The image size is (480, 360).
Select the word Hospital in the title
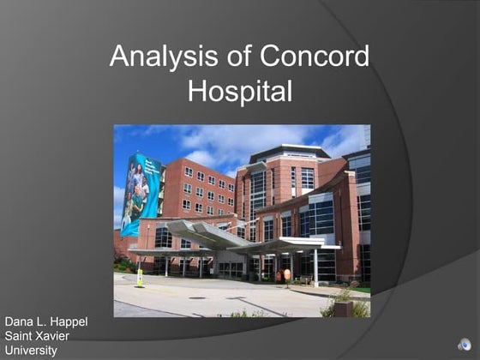click(240, 90)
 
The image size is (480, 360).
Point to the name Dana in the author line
click(20, 321)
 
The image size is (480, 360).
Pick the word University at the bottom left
click(31, 350)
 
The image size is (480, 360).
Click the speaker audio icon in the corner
click(464, 345)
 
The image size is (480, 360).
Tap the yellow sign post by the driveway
click(140, 278)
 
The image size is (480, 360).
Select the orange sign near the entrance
click(287, 274)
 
